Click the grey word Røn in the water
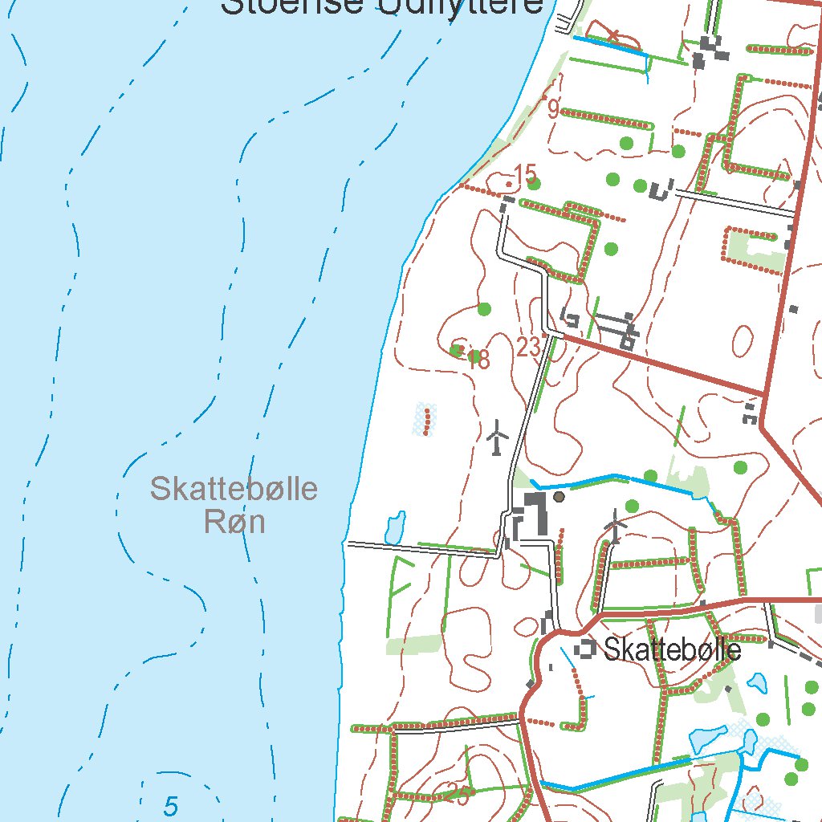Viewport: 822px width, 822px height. [x=234, y=523]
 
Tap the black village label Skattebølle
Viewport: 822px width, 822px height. [x=672, y=649]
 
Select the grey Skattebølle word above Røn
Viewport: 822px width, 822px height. [x=234, y=488]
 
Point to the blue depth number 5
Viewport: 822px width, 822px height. [x=169, y=805]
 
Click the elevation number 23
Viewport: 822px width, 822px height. [x=528, y=348]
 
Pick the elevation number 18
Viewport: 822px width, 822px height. [x=478, y=359]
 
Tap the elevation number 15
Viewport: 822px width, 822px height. [x=525, y=173]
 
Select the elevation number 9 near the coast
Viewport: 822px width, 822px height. [x=553, y=108]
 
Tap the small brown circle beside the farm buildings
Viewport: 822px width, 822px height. [x=560, y=497]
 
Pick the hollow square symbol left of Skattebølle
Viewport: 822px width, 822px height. [x=587, y=648]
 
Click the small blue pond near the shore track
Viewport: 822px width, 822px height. [x=394, y=527]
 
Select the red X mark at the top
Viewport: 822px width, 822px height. [x=613, y=34]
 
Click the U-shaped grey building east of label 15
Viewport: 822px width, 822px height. [x=660, y=191]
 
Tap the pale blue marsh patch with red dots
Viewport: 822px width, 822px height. [x=424, y=418]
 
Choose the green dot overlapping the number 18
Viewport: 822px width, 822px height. [x=458, y=350]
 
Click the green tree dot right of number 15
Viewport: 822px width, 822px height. [x=546, y=183]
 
